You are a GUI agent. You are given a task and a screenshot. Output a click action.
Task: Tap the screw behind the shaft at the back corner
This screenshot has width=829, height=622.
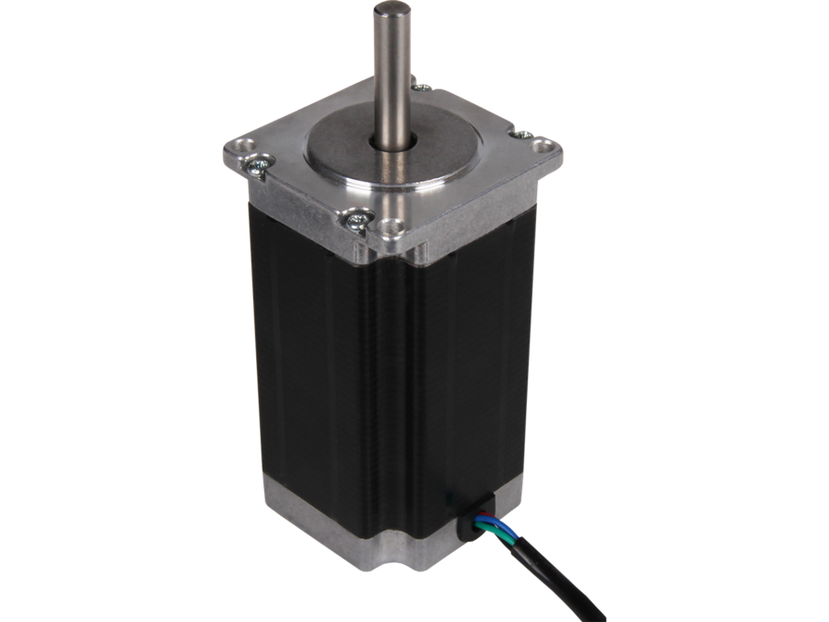[x=423, y=87]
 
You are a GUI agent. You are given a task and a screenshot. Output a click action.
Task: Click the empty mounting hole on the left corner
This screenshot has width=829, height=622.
[x=244, y=145]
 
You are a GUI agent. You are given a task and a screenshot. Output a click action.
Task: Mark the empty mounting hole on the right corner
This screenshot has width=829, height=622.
[x=544, y=145]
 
